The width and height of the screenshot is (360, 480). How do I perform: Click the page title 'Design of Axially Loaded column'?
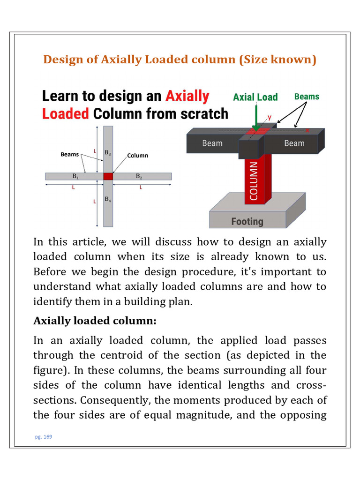click(x=180, y=60)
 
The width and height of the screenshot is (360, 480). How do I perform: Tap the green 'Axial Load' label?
click(x=255, y=97)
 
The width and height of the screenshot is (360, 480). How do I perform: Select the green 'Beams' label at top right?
click(x=307, y=97)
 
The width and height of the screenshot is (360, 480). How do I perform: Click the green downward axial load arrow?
click(x=256, y=117)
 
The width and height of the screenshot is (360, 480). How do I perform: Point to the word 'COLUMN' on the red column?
click(x=254, y=181)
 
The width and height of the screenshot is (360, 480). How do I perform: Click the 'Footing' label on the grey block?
click(x=247, y=221)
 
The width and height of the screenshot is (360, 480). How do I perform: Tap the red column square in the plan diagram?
click(x=108, y=177)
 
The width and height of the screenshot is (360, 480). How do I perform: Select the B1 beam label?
click(x=75, y=176)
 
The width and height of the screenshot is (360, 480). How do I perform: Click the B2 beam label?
click(x=139, y=176)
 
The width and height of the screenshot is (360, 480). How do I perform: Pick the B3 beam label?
click(x=108, y=153)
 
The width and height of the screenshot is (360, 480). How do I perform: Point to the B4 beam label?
click(x=108, y=200)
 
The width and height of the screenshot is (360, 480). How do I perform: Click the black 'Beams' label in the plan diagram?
click(x=70, y=154)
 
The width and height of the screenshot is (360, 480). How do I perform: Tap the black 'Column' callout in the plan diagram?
click(x=137, y=155)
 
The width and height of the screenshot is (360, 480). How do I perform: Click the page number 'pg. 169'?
click(x=43, y=437)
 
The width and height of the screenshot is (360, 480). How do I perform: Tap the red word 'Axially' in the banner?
click(x=187, y=96)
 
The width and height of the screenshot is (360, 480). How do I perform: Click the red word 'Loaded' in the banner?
click(x=65, y=114)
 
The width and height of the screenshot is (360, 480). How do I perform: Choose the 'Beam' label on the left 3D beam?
click(x=212, y=143)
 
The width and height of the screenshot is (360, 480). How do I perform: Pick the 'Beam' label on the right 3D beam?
click(x=294, y=143)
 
